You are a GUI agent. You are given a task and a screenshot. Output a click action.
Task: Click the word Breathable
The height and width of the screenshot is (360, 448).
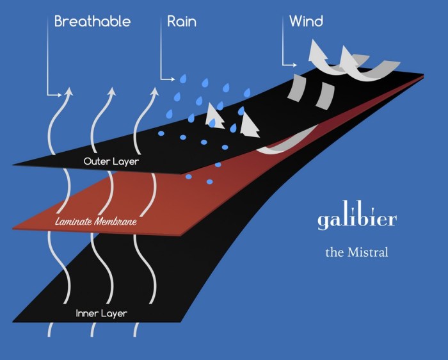92,21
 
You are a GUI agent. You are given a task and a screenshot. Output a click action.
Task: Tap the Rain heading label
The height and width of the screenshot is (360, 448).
181,21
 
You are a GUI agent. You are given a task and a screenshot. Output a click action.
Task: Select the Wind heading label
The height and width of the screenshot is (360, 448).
306,21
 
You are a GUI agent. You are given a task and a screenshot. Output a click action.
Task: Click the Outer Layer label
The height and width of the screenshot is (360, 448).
111,161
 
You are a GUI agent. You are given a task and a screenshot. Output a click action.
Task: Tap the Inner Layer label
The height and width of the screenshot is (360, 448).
101,314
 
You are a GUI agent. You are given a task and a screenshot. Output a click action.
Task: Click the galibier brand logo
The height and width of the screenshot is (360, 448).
357,220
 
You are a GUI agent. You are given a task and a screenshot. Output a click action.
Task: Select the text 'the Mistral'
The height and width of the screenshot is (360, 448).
356,252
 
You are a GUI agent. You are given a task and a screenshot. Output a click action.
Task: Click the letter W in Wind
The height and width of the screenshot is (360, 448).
296,21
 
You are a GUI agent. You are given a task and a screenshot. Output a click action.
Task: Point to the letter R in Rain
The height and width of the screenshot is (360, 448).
172,21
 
